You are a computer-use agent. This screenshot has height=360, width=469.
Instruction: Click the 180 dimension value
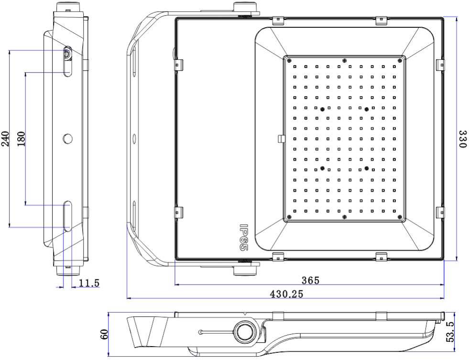point(21,139)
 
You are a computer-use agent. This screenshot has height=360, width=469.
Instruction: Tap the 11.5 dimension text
point(89,284)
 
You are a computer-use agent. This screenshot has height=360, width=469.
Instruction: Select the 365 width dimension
point(310,280)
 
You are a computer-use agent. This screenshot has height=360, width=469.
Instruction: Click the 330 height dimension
point(462,139)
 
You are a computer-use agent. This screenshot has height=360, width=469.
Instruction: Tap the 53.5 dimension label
point(449,332)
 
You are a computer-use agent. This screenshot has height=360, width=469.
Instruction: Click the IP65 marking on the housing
point(243,238)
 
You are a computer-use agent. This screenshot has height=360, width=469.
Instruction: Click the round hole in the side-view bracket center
point(68,138)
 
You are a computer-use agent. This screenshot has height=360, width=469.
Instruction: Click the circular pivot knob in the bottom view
point(245,331)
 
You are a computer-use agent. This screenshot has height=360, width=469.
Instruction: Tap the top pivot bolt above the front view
point(246,7)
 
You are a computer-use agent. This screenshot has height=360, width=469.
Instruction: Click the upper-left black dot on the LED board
point(322,109)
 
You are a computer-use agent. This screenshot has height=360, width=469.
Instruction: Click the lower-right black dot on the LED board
point(367,168)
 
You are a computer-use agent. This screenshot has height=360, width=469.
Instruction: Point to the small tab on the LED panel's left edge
point(281,138)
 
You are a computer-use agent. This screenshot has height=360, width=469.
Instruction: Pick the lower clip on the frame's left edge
point(178,211)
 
